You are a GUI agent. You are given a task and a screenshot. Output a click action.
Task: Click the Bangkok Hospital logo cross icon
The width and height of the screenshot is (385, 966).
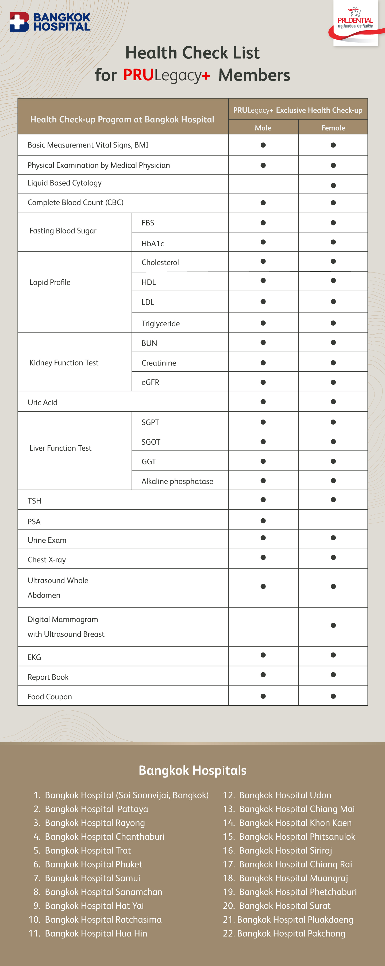[19, 22]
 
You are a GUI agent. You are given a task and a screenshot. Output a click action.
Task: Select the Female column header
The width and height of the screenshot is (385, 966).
[333, 128]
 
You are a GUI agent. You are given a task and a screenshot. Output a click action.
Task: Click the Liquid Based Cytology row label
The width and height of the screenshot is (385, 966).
[64, 183]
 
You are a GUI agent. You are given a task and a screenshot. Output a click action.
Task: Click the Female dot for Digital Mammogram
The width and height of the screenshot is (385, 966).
[333, 625]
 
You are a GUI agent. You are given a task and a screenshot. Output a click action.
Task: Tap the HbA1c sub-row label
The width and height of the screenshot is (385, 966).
[152, 243]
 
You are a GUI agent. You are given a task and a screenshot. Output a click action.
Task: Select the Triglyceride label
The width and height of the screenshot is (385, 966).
[160, 323]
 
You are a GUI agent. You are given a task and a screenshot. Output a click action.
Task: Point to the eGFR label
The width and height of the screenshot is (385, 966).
[150, 382]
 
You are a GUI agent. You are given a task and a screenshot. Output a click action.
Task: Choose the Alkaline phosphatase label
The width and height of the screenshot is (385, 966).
[177, 481]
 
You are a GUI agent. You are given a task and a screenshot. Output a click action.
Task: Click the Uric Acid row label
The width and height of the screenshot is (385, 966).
[42, 402]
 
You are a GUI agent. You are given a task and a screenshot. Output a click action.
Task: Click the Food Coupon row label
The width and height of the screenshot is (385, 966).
[49, 696]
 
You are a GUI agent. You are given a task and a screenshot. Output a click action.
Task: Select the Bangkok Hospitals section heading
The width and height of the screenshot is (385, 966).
[192, 770]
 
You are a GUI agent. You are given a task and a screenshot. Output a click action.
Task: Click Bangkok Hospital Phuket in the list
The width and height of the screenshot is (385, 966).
[93, 864]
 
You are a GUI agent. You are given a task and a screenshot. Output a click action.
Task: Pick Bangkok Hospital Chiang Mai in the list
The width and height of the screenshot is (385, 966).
[297, 809]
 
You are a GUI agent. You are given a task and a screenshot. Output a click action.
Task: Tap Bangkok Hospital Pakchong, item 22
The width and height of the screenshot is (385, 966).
[291, 933]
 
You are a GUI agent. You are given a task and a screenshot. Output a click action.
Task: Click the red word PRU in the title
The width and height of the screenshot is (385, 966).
[138, 75]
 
